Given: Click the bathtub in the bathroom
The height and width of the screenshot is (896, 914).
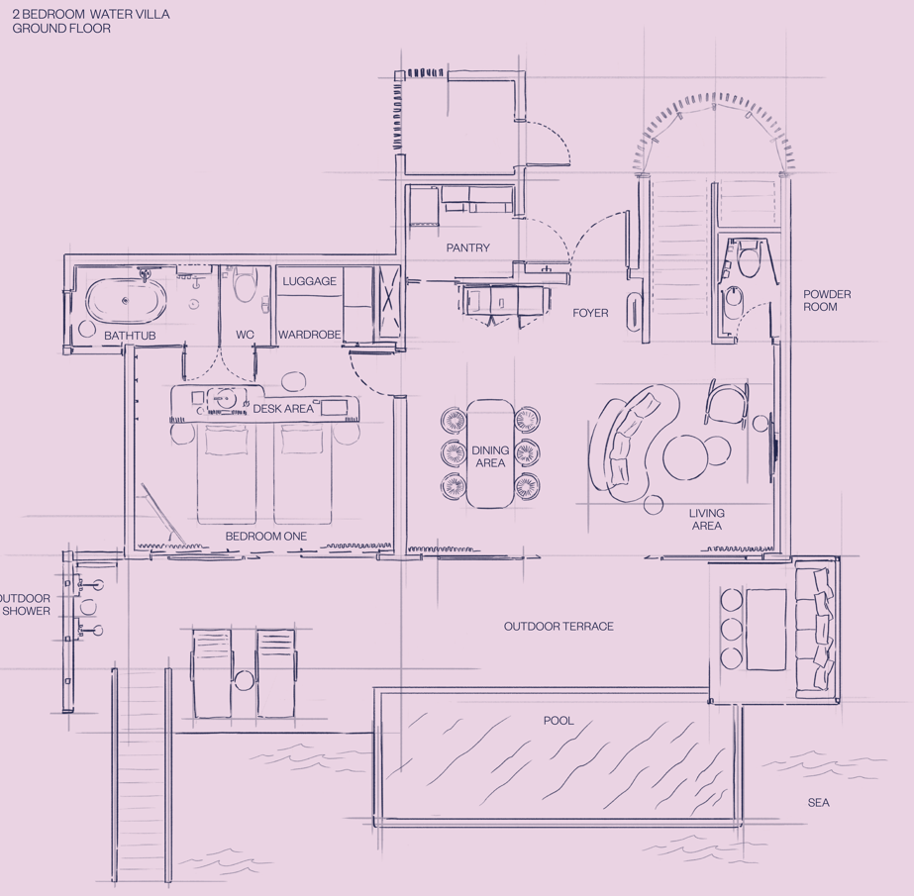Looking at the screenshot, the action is [127, 300].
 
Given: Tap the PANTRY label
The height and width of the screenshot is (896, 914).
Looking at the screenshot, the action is [468, 248].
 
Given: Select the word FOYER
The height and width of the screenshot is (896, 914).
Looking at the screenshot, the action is [590, 313].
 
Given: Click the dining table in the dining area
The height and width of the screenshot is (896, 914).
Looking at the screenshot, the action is [490, 453].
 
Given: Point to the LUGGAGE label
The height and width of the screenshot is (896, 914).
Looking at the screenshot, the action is [310, 281].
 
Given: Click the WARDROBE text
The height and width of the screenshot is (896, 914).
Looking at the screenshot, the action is [310, 335].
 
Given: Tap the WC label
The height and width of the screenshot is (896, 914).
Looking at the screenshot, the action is [245, 335].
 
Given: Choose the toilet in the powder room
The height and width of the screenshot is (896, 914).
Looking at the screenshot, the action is [749, 260].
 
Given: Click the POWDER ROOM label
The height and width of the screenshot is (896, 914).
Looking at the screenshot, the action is [827, 301].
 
